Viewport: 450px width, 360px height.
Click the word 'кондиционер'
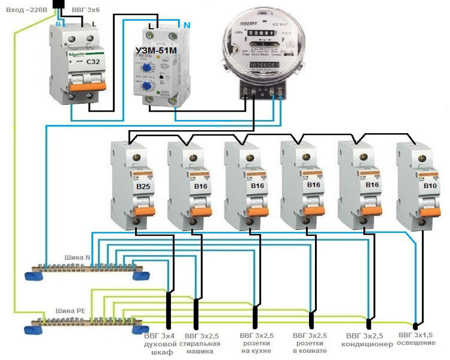[367, 344]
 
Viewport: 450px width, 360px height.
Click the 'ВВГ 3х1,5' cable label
[418, 334]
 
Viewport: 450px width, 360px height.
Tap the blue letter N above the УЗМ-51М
[187, 25]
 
